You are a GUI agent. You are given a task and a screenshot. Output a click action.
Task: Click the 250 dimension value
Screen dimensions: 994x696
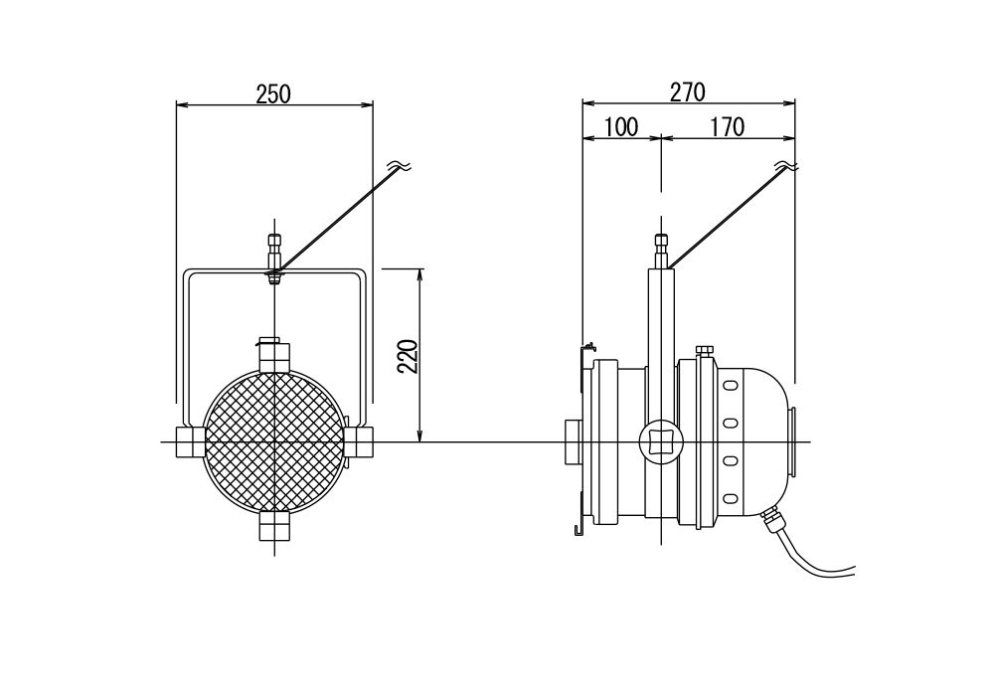pos(273,93)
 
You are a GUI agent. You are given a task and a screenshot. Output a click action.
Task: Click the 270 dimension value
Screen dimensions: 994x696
pos(688,92)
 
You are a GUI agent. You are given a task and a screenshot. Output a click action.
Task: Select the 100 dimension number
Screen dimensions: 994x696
pos(621,127)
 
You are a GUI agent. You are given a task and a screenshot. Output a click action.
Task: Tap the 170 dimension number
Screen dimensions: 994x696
pos(728,127)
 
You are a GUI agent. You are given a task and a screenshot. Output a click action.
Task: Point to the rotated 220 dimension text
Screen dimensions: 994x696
pos(408,356)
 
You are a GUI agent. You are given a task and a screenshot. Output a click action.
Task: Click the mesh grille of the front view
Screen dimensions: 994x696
pos(274,441)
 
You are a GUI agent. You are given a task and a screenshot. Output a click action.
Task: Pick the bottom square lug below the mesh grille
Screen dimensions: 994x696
pos(274,526)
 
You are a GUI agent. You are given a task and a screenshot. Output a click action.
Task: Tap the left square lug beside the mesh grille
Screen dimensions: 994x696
pos(190,441)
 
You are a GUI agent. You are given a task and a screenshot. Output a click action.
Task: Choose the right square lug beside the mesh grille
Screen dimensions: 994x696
pos(359,441)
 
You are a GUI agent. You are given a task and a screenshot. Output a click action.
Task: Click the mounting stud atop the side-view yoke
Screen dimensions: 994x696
pos(661,251)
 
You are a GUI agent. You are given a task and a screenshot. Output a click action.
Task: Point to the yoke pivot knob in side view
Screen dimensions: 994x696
pos(661,441)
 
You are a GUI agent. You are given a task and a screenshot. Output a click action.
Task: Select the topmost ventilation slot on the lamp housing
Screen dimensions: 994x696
pos(731,385)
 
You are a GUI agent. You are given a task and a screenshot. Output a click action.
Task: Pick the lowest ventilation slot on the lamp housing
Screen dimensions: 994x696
pos(731,499)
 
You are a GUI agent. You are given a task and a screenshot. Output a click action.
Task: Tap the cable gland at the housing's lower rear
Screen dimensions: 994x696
pos(772,519)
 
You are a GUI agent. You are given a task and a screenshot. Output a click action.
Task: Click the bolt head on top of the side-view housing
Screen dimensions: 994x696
pos(705,351)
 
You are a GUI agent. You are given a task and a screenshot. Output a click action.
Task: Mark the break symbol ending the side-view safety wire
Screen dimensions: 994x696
pos(787,166)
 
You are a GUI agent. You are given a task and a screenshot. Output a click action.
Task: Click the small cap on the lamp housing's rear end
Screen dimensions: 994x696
pos(792,441)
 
